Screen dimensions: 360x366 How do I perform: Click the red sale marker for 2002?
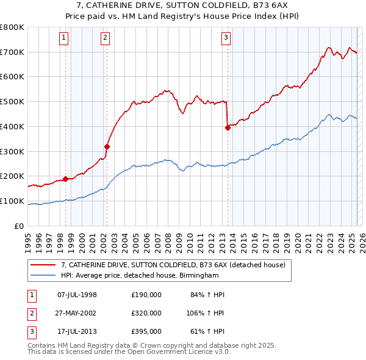coord(107,146)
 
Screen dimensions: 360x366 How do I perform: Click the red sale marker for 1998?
coord(65,179)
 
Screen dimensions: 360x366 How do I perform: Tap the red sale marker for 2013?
coord(228,128)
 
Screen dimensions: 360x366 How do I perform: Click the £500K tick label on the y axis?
coord(12,101)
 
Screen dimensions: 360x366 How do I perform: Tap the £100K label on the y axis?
coord(12,201)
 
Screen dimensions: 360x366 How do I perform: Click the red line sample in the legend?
coord(43,265)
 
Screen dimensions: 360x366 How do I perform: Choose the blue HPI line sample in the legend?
coord(43,276)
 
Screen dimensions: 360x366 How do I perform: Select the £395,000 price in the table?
coord(146,331)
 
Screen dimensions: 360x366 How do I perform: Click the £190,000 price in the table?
coord(146,295)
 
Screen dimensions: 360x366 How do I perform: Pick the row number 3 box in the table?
coord(30,331)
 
